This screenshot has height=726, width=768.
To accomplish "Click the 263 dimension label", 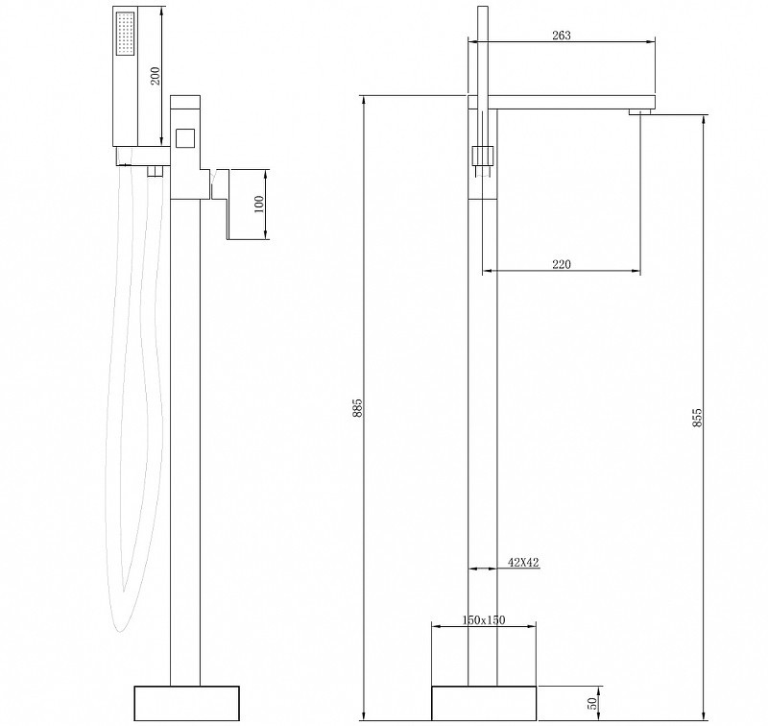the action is (562, 36).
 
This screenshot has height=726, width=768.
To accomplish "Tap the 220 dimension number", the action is (562, 264).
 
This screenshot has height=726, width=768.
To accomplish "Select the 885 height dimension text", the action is (357, 407).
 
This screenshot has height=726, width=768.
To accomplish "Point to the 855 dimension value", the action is (698, 418).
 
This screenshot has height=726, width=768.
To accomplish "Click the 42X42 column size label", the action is (523, 563).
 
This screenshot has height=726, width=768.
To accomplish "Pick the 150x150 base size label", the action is (484, 619).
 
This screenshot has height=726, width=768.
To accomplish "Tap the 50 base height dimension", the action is (593, 704).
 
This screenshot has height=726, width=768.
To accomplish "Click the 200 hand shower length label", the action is (155, 75).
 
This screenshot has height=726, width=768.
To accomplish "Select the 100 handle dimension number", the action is (259, 204).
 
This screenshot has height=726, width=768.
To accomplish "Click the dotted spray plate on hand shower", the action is (125, 34).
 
